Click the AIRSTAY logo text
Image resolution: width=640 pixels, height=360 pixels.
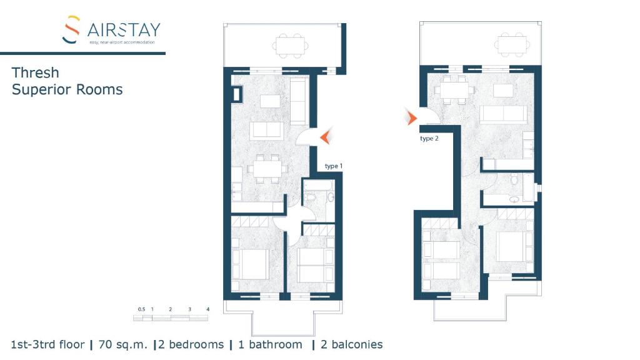point(124,29)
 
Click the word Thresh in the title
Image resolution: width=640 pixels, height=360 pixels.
point(36,73)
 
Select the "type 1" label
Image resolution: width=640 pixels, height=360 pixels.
point(333,166)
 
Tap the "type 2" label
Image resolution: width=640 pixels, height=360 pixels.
point(429,139)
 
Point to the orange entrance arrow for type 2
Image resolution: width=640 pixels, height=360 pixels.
point(411,116)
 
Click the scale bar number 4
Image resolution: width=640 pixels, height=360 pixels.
point(207,309)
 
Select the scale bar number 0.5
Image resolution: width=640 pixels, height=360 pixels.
point(141,309)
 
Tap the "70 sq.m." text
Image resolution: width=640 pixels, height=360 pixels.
point(122,344)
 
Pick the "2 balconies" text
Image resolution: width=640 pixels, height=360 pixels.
point(351,344)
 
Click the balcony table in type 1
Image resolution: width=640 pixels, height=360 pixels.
point(289,44)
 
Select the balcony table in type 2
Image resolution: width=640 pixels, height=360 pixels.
point(511,43)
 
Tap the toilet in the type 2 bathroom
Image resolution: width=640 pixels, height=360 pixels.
point(514,180)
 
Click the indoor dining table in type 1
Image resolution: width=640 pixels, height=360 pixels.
point(267,169)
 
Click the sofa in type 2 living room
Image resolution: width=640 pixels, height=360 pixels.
point(504,114)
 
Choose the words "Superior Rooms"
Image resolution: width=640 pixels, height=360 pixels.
point(67,89)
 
